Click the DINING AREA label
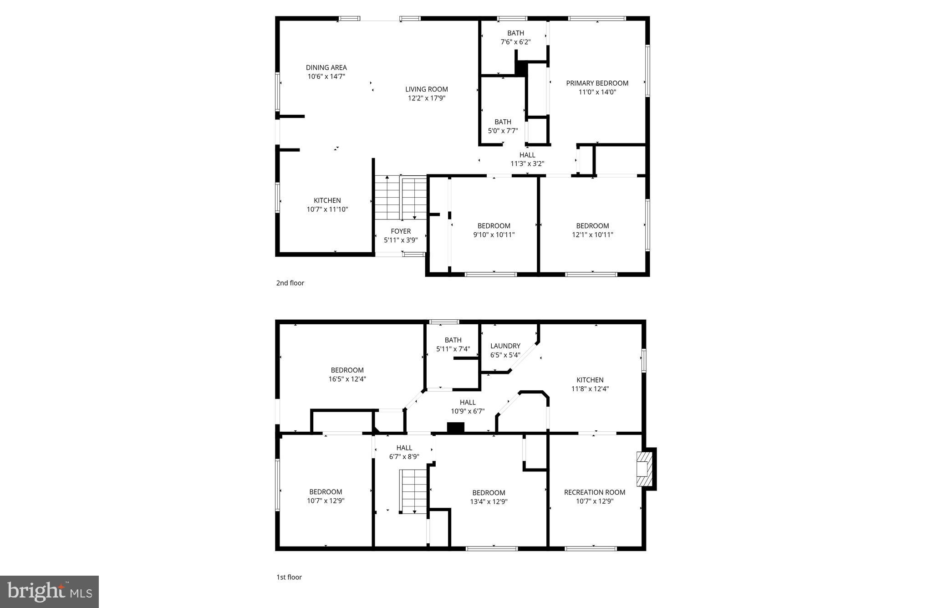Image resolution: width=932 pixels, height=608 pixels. (x=326, y=67)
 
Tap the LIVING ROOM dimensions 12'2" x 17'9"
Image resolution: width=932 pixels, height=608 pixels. (x=426, y=98)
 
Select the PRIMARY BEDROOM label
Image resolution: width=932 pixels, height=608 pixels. (x=597, y=83)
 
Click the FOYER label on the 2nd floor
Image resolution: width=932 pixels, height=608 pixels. (x=400, y=231)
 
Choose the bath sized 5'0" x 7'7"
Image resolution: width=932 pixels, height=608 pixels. (x=503, y=126)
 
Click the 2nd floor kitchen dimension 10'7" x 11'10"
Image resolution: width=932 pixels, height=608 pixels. (x=327, y=209)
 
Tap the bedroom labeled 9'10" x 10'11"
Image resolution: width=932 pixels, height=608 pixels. (x=494, y=230)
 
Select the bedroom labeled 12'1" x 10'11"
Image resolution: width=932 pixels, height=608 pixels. (x=592, y=230)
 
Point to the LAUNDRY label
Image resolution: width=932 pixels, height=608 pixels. (x=505, y=346)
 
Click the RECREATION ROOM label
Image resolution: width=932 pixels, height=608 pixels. (x=594, y=492)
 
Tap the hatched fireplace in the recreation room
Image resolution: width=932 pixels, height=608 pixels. (x=643, y=469)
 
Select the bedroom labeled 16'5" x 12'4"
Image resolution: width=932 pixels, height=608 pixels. (x=347, y=374)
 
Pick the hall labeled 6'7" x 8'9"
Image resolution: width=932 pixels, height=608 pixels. (x=404, y=452)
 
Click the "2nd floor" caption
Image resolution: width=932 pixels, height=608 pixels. (x=290, y=283)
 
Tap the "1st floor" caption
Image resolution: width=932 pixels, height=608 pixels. (x=289, y=577)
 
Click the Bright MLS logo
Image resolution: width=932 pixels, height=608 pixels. (x=49, y=592)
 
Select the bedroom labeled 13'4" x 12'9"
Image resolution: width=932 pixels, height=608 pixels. (x=489, y=497)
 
